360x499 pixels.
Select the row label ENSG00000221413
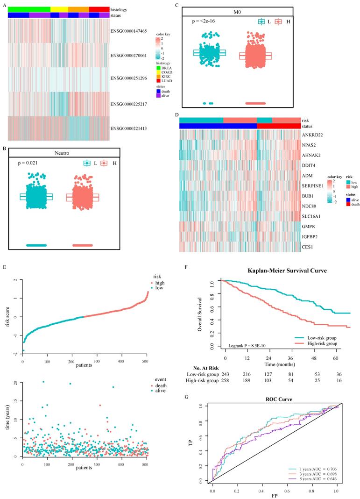point(129,128)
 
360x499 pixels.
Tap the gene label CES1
point(309,243)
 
